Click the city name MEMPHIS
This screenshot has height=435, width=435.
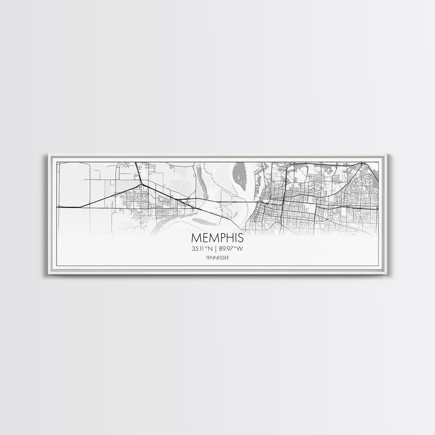click(217, 238)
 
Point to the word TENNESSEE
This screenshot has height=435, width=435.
click(217, 257)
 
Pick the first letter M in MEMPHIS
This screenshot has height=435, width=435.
click(196, 238)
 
